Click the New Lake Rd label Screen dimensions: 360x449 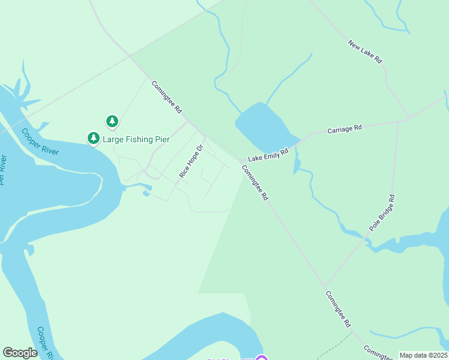pos(365,52)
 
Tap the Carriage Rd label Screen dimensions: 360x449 pos(345,128)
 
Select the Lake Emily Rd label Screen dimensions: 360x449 pos(269,155)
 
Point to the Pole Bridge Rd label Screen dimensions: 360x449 pos(382,212)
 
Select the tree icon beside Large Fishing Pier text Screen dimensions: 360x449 pos(93,139)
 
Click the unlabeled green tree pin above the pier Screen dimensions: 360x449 pos(112,122)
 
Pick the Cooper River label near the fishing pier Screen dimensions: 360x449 pos(40,142)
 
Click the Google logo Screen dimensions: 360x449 pos(20,353)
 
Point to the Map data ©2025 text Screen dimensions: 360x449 pos(423,355)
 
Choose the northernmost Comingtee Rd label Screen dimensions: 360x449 pos(166,97)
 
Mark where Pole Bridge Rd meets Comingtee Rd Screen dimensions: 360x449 pos(324,284)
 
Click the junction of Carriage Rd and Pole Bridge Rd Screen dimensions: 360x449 pos(398,122)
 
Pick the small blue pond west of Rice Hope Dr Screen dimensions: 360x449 pos(146,193)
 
